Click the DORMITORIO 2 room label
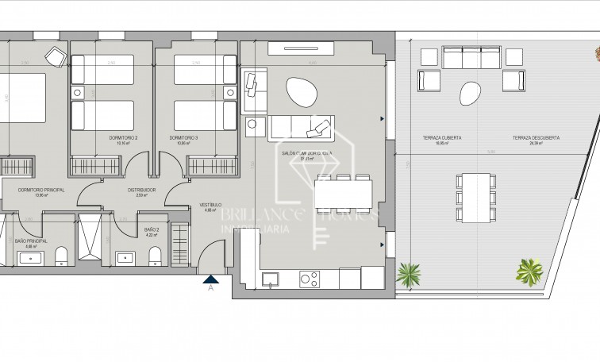123,138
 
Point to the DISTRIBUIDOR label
141,191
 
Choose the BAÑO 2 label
152,229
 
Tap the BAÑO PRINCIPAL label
31,240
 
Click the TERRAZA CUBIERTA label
448,138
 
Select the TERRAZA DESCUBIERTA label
532,138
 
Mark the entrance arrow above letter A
211,278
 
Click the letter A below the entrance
211,289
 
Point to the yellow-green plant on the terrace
528,270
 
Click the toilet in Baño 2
156,254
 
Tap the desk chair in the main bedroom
55,55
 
